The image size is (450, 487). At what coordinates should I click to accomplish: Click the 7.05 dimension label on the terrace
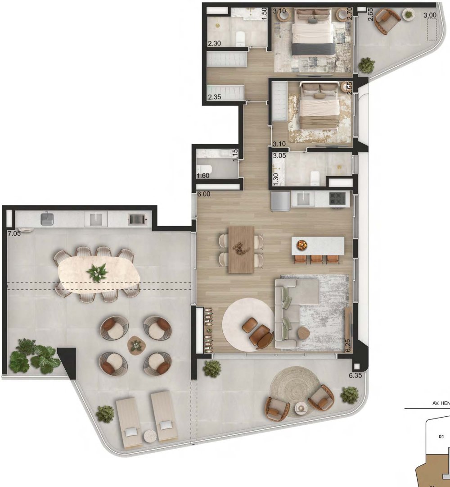point(14,233)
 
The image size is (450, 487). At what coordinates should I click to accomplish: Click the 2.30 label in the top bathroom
point(214,44)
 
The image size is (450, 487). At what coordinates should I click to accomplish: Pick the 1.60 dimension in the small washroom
point(203,176)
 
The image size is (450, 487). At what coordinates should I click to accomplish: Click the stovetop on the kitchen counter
point(337,198)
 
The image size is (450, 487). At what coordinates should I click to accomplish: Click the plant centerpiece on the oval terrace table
point(97,273)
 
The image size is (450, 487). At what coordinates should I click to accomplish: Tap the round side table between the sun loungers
point(150,435)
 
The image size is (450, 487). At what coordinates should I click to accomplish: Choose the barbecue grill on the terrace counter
point(137,219)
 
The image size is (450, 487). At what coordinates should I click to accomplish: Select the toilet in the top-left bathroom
point(239,38)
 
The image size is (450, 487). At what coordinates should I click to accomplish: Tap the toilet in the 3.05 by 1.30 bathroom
point(315,178)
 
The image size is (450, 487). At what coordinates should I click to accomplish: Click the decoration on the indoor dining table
point(241,246)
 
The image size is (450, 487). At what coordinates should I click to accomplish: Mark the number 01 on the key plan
point(441,436)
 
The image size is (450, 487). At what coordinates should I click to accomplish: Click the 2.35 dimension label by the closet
point(215,96)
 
